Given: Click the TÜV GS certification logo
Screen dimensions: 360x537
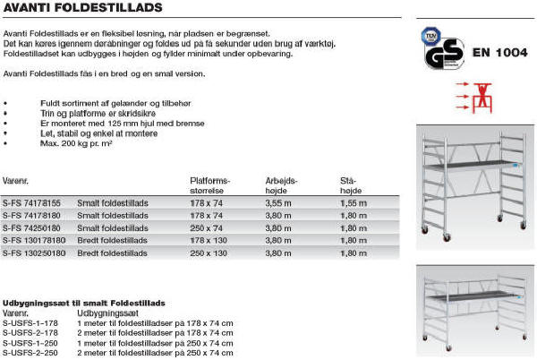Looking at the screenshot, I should [440, 47].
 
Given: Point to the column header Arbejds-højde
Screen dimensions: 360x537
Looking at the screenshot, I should [282, 184].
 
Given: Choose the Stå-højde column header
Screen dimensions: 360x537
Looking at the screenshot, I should [341, 184].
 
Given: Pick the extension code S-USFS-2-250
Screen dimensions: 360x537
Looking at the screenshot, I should [30, 353].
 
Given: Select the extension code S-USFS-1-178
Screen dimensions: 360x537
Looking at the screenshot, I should [30, 323].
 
